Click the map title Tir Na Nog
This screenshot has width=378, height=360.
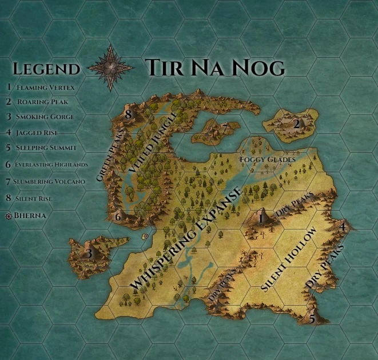(214, 68)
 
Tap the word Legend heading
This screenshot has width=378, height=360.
(46, 69)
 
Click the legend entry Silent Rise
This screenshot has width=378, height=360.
(40, 198)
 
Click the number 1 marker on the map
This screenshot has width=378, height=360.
(261, 217)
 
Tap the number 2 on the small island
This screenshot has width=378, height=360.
(296, 124)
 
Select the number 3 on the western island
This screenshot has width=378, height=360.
(89, 252)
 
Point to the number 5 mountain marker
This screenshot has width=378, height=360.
(312, 319)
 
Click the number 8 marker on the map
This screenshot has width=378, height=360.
(129, 115)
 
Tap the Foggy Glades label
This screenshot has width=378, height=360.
(268, 158)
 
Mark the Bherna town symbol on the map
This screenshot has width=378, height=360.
(146, 236)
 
